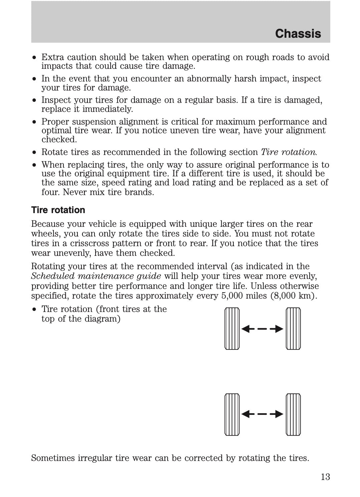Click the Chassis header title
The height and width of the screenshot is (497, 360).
tap(298, 34)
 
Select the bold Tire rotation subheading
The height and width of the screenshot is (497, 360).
tap(58, 210)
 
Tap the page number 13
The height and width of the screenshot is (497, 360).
tap(325, 477)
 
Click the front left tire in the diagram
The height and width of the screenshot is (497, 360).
tap(232, 329)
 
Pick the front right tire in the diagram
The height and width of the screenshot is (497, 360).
tap(293, 329)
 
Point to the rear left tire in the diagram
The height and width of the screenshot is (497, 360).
tap(232, 415)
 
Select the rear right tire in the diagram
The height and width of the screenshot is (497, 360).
tap(293, 415)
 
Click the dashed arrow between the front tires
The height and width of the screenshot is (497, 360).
tap(262, 329)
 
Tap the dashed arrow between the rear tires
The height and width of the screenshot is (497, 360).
tap(262, 415)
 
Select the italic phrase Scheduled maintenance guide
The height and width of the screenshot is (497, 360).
tap(96, 276)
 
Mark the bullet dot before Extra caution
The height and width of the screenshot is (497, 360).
tap(34, 57)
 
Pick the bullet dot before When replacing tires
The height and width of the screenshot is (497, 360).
tap(34, 165)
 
